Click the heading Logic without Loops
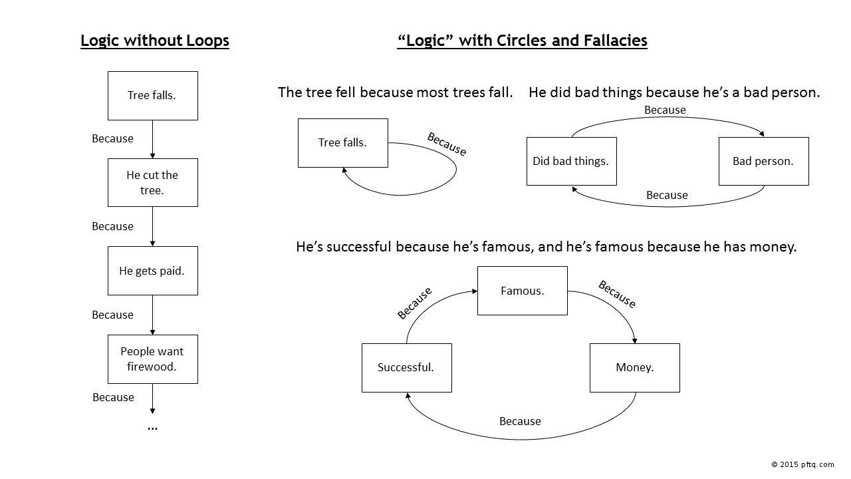click(154, 41)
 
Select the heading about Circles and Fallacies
click(522, 41)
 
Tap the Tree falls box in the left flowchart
click(152, 96)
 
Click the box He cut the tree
click(152, 182)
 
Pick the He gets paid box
click(152, 271)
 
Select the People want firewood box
click(152, 359)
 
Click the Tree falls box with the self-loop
click(342, 143)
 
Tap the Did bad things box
click(571, 161)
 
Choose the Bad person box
click(763, 161)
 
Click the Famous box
click(523, 291)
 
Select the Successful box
click(406, 368)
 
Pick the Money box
click(634, 368)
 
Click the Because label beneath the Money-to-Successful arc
click(520, 421)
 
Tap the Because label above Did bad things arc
click(665, 110)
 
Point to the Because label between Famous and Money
click(617, 294)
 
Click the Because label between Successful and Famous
click(414, 303)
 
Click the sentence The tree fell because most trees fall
click(395, 92)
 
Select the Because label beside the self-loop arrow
click(447, 144)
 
